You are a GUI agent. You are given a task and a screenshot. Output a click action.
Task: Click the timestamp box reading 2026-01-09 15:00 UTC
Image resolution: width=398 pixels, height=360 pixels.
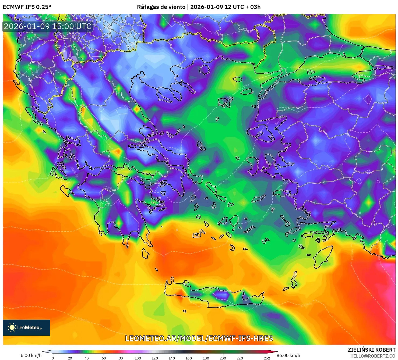(x=48, y=26)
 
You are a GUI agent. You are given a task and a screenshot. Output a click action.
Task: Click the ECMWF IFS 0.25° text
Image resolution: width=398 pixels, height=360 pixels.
(x=27, y=7)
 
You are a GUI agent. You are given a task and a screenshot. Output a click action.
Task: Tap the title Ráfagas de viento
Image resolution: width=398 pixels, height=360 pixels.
(x=161, y=7)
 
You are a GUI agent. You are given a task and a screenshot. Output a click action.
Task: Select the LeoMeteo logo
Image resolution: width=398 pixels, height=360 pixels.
(x=26, y=327)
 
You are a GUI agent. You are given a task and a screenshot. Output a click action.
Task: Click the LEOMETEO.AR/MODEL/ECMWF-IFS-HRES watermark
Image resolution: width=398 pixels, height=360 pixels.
(x=199, y=338)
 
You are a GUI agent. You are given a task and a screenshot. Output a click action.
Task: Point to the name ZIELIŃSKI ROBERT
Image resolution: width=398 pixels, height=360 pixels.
(x=371, y=350)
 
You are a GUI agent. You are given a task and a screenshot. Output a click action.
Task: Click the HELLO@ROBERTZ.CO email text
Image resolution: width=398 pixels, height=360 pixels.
(x=372, y=356)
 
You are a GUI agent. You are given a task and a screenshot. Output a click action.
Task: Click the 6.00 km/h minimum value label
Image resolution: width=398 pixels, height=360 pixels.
(x=31, y=355)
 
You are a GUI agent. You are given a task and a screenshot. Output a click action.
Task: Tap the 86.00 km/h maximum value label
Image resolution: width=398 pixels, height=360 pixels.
(x=288, y=355)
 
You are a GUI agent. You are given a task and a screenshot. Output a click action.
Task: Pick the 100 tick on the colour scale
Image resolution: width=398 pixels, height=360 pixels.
(x=138, y=358)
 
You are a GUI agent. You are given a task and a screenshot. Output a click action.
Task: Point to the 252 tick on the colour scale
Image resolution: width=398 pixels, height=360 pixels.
(x=267, y=358)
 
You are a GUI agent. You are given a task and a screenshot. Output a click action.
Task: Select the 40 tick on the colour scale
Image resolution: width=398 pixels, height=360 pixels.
(x=87, y=358)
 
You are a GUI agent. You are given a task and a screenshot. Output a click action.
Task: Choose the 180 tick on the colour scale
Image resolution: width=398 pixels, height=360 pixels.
(x=206, y=358)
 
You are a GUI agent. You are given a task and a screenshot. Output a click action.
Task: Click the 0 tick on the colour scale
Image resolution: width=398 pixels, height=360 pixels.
(x=53, y=358)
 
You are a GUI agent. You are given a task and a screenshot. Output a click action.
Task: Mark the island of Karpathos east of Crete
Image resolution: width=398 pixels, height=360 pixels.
(x=294, y=280)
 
